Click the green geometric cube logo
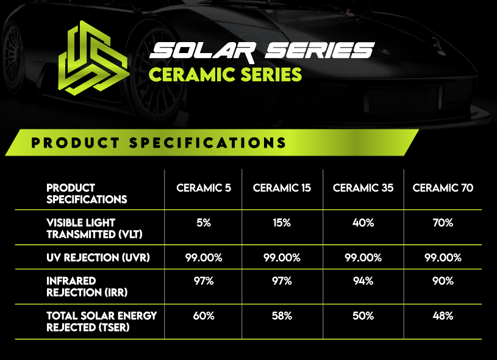coord(94,58)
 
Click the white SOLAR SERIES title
coord(262,52)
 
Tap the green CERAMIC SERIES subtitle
coord(225,74)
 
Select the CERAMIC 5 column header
coord(204,188)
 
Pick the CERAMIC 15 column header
coord(282,188)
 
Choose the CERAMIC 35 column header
coord(363,188)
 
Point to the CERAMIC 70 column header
coord(443,188)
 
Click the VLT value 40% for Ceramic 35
coord(363,223)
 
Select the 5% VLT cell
coord(204,223)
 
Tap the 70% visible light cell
coord(443,223)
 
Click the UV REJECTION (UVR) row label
coord(98,257)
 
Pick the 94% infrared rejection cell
coord(363,281)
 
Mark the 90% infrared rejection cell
coord(443,281)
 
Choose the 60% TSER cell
coord(204,316)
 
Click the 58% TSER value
coord(282,316)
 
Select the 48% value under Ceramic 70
coord(443,316)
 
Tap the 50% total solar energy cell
coord(363,316)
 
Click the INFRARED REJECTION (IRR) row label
coord(87,287)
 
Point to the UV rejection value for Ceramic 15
coord(282,257)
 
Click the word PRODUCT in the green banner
coord(76,143)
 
